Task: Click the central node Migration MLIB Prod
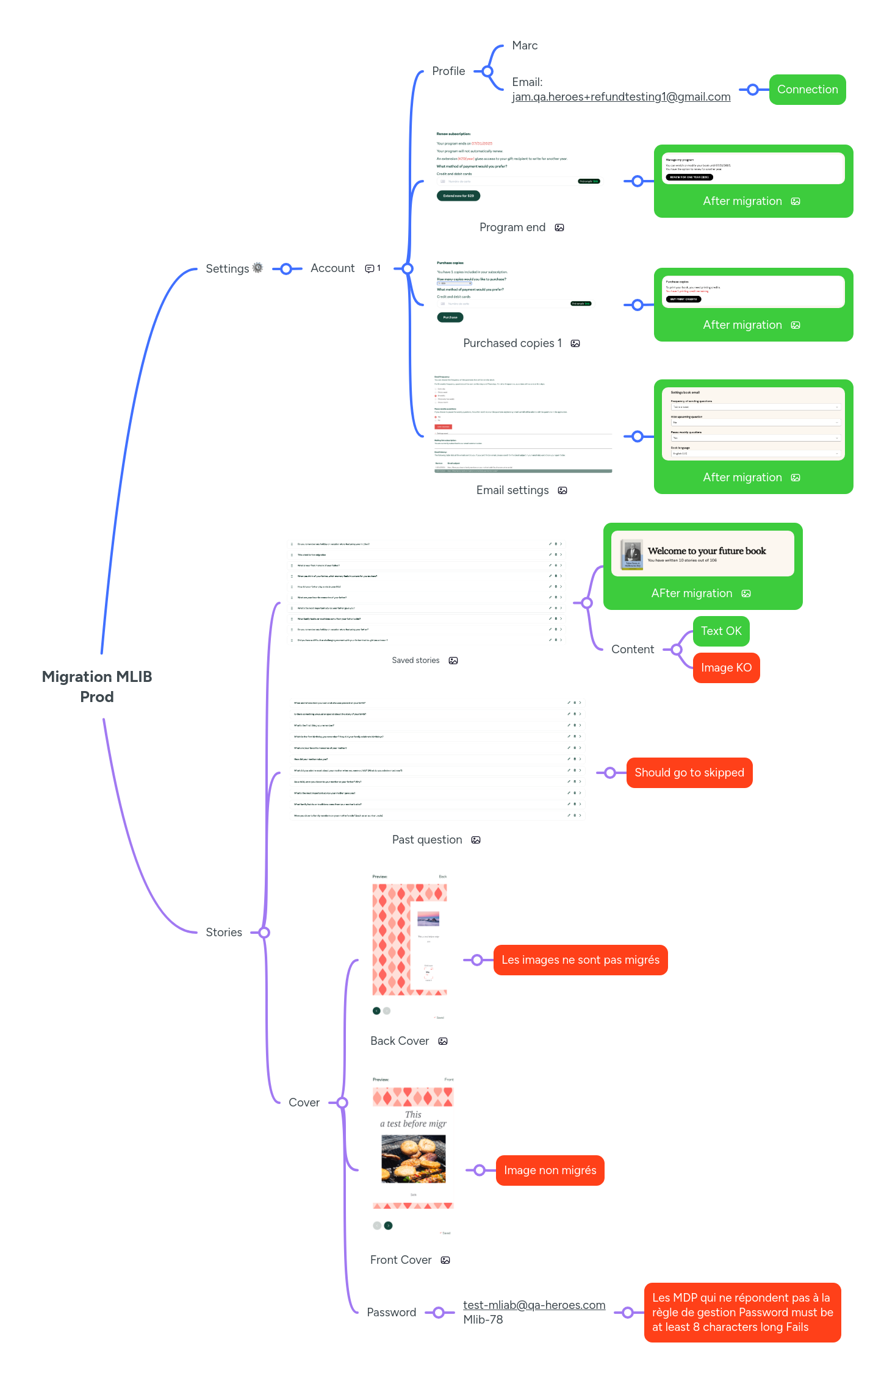[x=97, y=686]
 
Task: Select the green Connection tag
[x=807, y=90]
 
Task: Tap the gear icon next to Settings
[x=258, y=268]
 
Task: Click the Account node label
[x=332, y=268]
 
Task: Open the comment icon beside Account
[x=370, y=268]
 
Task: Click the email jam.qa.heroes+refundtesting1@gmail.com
[x=621, y=97]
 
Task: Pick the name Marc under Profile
[x=525, y=46]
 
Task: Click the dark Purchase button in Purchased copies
[x=450, y=317]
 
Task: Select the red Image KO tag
[x=726, y=668]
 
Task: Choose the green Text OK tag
[x=721, y=631]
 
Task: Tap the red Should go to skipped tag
[x=689, y=773]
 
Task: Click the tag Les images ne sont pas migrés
[x=580, y=960]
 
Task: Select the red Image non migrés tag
[x=550, y=1170]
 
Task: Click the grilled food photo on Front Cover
[x=414, y=1159]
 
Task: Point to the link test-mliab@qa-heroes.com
[x=534, y=1305]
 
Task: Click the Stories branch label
[x=224, y=933]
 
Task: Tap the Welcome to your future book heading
[x=706, y=551]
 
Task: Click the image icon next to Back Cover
[x=444, y=1041]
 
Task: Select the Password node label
[x=392, y=1313]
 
